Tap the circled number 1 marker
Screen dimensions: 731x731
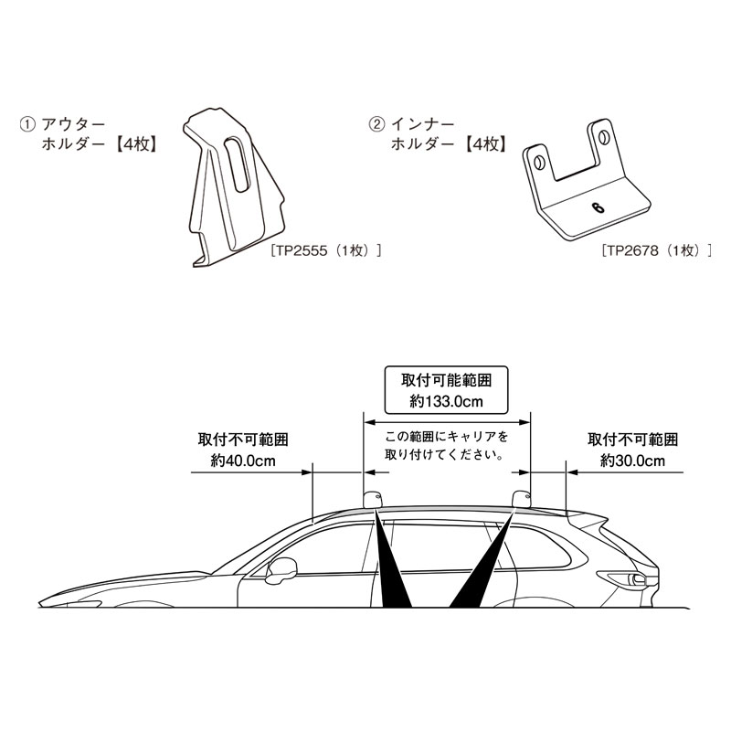(x=27, y=125)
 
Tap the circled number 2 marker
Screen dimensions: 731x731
(x=376, y=125)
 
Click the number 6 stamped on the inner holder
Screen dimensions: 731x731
(x=598, y=207)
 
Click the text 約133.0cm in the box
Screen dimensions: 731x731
(x=446, y=401)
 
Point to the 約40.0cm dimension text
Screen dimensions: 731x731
(x=243, y=461)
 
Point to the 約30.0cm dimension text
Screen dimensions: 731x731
(x=632, y=461)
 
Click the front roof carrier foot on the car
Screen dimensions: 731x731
(x=374, y=500)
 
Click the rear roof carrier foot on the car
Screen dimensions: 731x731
(x=522, y=499)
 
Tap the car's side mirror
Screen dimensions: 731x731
(x=281, y=569)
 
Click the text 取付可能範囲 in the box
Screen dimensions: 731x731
(x=446, y=380)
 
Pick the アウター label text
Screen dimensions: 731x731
(x=74, y=125)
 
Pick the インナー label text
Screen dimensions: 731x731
(x=422, y=125)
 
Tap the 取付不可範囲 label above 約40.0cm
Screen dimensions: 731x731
(x=243, y=440)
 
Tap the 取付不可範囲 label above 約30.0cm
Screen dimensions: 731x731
(x=632, y=440)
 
